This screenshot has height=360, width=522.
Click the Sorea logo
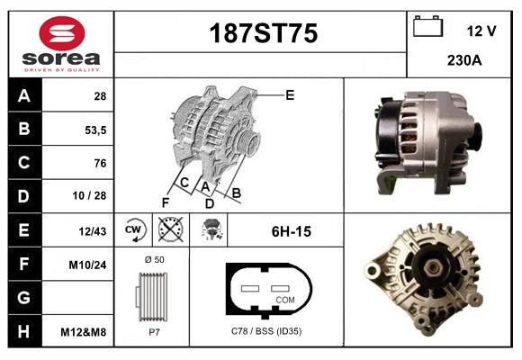point(61,43)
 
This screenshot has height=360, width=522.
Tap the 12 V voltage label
point(481,31)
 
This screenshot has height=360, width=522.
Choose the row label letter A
point(23,96)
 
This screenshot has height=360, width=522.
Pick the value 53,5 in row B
point(94,130)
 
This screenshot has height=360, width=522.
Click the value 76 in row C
point(100,163)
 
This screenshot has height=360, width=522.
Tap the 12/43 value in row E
point(94,231)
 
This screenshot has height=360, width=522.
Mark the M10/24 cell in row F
point(89,265)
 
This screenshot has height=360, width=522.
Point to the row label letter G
point(23,298)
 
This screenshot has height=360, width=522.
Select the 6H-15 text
point(291,231)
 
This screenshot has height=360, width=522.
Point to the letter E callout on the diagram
point(290,94)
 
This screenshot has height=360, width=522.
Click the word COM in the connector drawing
point(284,299)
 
